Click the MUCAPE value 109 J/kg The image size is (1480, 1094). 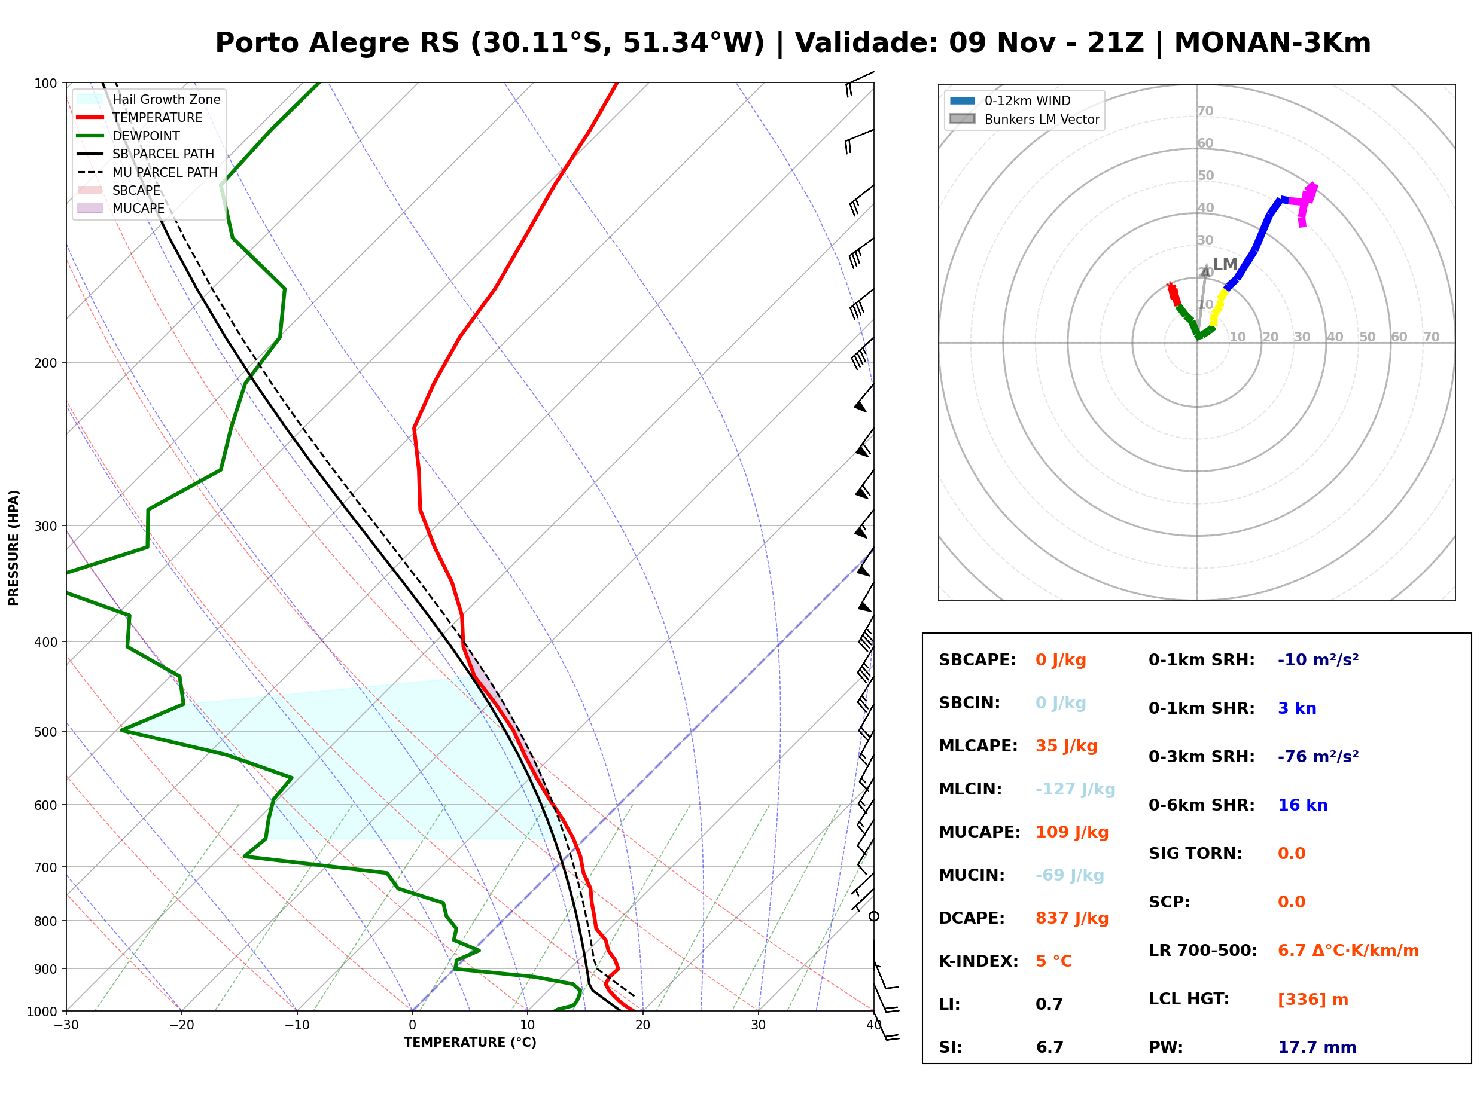click(x=1071, y=832)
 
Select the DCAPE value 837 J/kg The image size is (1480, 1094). click(x=1071, y=918)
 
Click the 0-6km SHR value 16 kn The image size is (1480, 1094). click(x=1302, y=805)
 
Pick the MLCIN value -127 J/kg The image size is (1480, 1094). click(x=1075, y=789)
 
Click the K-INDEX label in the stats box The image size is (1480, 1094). click(x=978, y=961)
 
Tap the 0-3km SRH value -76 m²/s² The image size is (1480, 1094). click(x=1318, y=756)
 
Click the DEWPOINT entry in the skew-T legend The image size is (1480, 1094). click(x=146, y=136)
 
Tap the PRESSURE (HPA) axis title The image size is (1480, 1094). click(x=14, y=547)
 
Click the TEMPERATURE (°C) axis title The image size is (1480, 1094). click(x=470, y=1043)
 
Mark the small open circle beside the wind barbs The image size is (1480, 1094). click(x=874, y=916)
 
